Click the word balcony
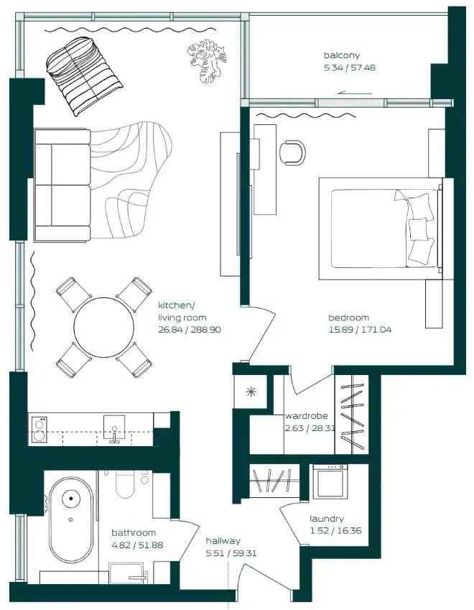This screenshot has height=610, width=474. click(x=341, y=55)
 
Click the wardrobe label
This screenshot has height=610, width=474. click(x=307, y=416)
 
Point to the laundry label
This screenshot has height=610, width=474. click(x=327, y=519)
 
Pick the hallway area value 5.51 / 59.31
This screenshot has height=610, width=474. click(x=231, y=554)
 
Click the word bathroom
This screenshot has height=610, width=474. click(x=134, y=533)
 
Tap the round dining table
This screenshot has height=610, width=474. click(x=103, y=328)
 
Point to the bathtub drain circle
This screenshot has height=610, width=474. click(x=71, y=497)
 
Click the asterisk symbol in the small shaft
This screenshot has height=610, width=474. click(x=251, y=392)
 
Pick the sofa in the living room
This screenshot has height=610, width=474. click(x=62, y=185)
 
